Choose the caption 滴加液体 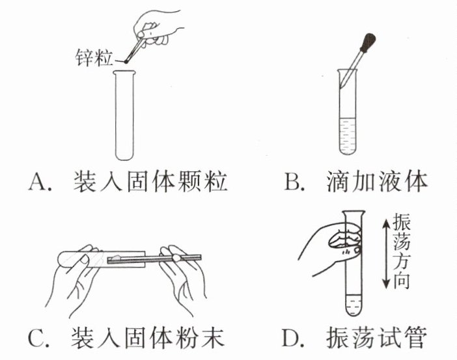378,182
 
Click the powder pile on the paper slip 116,258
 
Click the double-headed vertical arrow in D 385,253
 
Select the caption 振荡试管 378,339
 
